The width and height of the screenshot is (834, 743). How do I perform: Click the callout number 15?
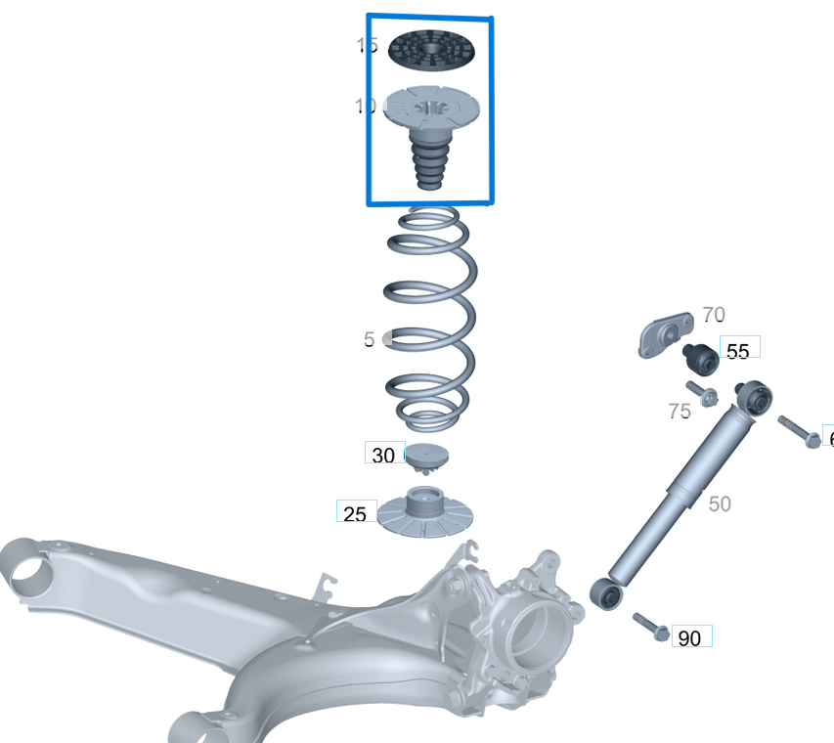tap(367, 45)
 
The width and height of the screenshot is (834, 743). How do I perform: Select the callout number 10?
tap(366, 106)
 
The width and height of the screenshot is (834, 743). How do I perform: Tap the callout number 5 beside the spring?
tap(369, 339)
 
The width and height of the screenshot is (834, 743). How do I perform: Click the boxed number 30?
tap(383, 456)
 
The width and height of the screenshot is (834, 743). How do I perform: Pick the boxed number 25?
tap(355, 513)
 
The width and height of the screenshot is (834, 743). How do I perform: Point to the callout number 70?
tap(714, 315)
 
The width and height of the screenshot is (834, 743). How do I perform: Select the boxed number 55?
tap(738, 350)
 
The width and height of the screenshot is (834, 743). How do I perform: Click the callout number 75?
tap(680, 412)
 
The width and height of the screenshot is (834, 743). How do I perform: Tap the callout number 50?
tap(720, 503)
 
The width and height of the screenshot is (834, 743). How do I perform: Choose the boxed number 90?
tap(689, 638)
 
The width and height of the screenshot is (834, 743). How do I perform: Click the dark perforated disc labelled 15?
tap(431, 49)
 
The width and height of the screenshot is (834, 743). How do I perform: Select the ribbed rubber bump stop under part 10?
tap(429, 161)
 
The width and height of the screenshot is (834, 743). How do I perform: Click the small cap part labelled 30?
tap(426, 457)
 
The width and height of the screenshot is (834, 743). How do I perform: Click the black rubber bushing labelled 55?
tap(700, 359)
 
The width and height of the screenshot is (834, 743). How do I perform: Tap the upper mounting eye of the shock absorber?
tap(756, 398)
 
